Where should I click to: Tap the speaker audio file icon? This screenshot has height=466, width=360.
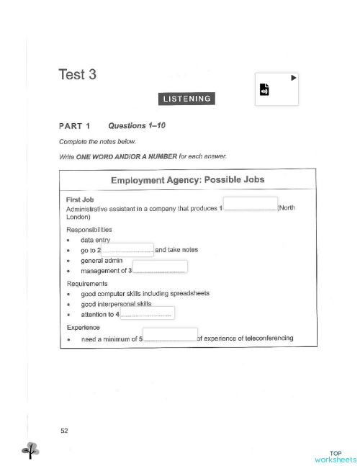[x=264, y=91]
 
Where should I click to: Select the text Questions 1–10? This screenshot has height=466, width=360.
[x=137, y=126]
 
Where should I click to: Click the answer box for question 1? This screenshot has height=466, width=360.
[x=250, y=203]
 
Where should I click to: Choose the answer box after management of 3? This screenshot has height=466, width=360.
[x=160, y=266]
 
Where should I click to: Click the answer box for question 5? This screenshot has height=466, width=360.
[x=170, y=334]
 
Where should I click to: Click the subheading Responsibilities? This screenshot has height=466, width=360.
[x=89, y=230]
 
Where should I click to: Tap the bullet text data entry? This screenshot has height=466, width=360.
[x=94, y=240]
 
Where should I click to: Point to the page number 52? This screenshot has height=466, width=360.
[x=65, y=430]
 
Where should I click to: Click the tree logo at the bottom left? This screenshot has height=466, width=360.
[x=30, y=450]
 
